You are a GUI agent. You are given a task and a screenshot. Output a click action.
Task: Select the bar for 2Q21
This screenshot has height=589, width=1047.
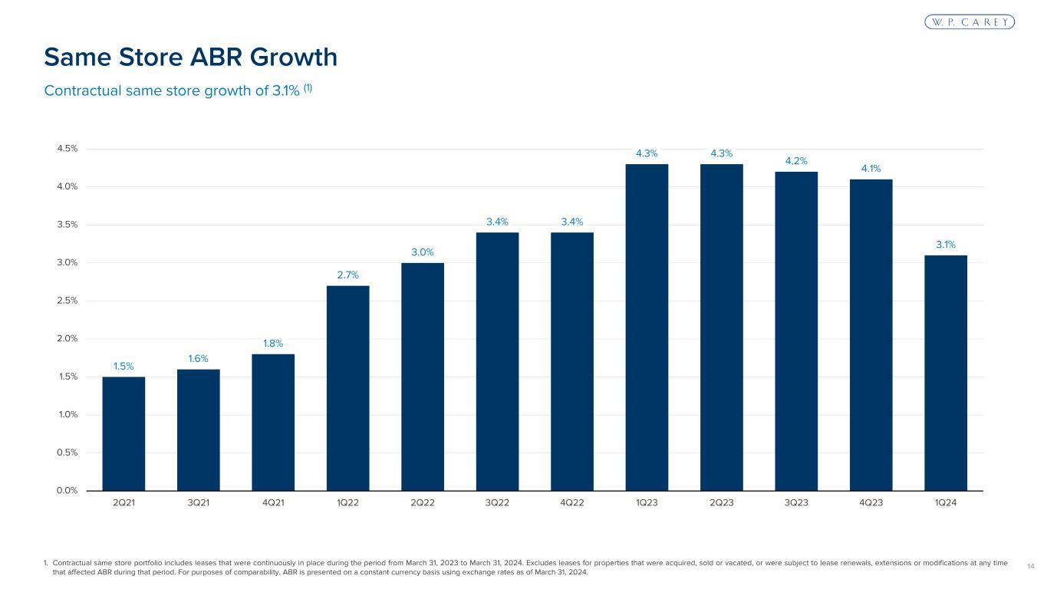(123, 433)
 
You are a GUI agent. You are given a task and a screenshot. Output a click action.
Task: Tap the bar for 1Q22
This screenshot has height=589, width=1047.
(347, 388)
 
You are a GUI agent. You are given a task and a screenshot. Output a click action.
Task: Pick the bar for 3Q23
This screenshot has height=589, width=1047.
(796, 331)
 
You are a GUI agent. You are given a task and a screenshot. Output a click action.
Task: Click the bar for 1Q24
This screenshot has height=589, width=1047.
(946, 373)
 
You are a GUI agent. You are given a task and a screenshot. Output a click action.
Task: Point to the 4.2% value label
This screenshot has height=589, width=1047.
(796, 160)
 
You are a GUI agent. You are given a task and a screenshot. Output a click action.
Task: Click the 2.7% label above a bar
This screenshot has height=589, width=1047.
(347, 275)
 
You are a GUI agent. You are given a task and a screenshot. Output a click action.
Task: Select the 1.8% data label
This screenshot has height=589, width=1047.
(273, 343)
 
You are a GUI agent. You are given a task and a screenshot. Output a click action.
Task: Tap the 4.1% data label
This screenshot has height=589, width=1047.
(871, 168)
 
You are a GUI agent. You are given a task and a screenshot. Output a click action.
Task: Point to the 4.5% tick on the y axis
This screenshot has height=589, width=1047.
(67, 149)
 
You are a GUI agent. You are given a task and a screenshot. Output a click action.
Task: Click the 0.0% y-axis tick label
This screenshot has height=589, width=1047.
(67, 491)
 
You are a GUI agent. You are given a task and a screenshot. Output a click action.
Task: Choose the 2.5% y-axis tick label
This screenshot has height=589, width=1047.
(67, 301)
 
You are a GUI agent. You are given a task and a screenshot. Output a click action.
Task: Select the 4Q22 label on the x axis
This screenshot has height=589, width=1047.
(572, 503)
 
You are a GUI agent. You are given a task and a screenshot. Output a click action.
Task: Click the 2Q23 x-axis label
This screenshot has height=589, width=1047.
(722, 503)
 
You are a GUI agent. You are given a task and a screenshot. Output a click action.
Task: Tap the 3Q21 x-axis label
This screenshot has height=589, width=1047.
(199, 503)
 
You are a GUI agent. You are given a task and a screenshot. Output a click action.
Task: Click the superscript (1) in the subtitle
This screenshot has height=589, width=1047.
(307, 87)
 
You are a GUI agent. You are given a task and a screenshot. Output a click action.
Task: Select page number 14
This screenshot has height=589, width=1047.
(1029, 566)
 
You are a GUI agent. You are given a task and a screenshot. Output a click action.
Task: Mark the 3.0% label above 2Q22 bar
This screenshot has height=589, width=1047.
(423, 252)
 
